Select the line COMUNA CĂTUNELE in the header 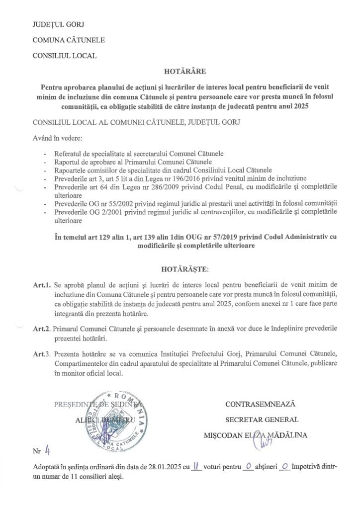click(61, 40)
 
